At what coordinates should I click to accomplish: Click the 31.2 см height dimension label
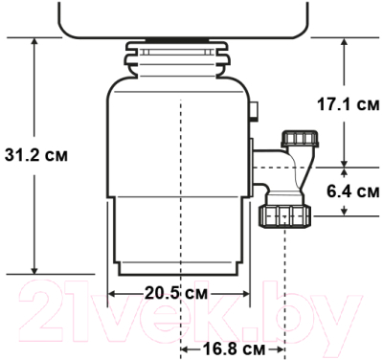(37, 153)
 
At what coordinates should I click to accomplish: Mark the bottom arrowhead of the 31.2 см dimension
(35, 271)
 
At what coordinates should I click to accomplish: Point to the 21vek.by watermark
(191, 311)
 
